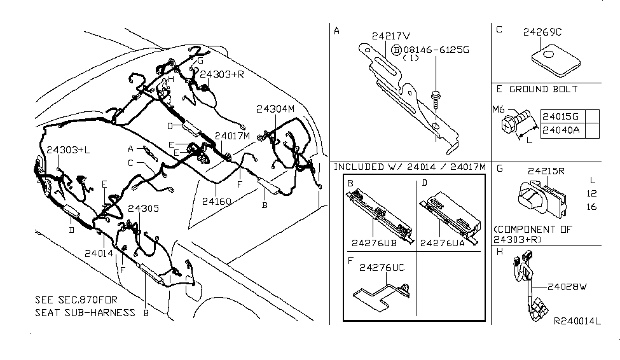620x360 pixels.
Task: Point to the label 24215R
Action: [546, 171]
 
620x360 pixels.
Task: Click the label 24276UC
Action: [382, 268]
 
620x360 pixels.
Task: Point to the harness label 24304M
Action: [277, 109]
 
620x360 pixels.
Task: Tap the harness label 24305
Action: [143, 209]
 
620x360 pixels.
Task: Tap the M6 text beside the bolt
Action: [498, 109]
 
